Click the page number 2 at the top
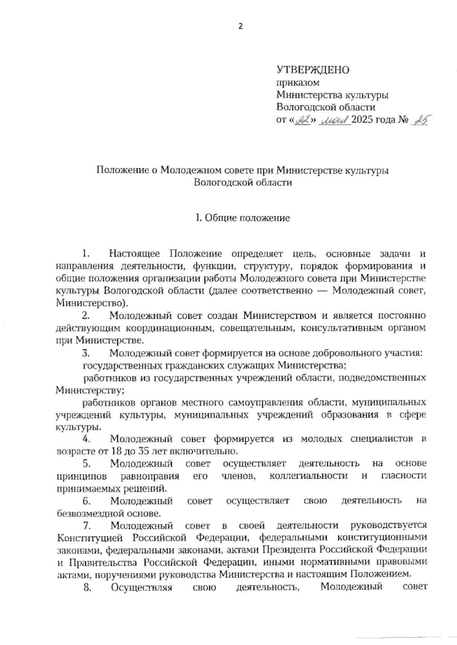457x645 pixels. pos(240,26)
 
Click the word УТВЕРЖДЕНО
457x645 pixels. pos(313,70)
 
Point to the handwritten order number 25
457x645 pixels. pos(419,121)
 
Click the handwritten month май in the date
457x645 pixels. pos(336,121)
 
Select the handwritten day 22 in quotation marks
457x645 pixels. pos(303,121)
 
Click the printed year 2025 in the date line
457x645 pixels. pos(363,121)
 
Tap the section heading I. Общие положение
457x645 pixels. pos(243,218)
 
